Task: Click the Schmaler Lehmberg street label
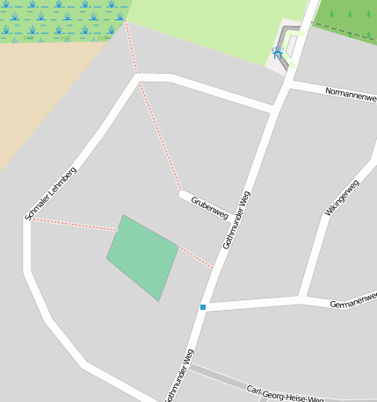pyautogui.click(x=50, y=193)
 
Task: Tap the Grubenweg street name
pyautogui.click(x=210, y=206)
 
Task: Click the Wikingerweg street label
pyautogui.click(x=342, y=198)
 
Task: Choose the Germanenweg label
pyautogui.click(x=352, y=303)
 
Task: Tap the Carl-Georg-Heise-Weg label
pyautogui.click(x=285, y=394)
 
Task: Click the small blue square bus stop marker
pyautogui.click(x=203, y=307)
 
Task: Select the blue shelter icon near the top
pyautogui.click(x=278, y=53)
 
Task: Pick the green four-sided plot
pyautogui.click(x=142, y=257)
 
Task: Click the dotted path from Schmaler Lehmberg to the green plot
pyautogui.click(x=75, y=224)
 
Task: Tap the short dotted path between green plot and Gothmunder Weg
pyautogui.click(x=196, y=256)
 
